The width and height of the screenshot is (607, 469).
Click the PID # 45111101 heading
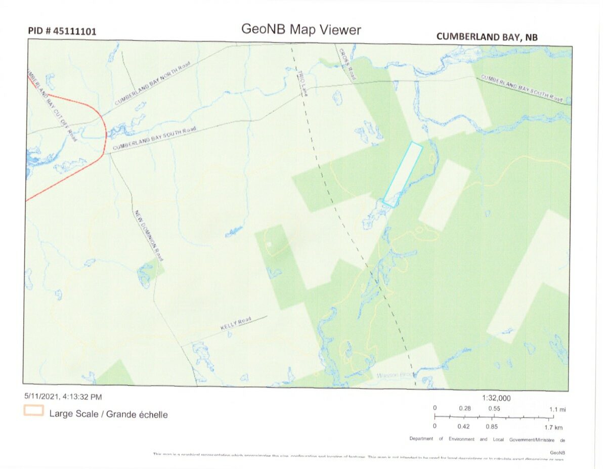62,31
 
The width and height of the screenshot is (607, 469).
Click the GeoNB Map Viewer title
301,29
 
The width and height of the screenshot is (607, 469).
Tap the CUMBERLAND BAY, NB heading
487,36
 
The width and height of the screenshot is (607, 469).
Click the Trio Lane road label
302,82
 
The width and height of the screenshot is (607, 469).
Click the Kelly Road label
236,324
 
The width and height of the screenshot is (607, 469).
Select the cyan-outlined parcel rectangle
403,174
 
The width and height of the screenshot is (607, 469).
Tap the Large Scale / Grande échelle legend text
108,414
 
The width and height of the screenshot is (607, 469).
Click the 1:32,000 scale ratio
496,398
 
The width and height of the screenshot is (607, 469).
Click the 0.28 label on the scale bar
464,408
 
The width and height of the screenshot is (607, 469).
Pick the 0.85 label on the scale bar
491,427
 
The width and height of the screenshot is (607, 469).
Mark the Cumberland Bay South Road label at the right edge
522,89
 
